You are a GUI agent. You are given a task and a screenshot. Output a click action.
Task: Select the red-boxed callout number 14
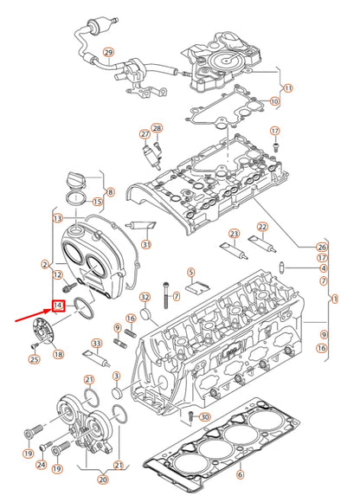click(58, 306)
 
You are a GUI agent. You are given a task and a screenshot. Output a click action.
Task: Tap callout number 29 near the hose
click(108, 52)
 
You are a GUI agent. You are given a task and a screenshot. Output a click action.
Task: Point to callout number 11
click(288, 87)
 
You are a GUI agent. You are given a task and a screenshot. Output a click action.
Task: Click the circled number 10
click(275, 101)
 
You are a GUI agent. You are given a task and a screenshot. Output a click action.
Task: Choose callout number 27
click(145, 134)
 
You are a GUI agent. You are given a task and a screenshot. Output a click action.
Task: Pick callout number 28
click(157, 128)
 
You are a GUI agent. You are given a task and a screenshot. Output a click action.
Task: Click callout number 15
click(98, 203)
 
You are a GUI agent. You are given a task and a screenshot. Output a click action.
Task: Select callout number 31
click(146, 244)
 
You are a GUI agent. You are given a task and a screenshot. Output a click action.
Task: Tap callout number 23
click(234, 235)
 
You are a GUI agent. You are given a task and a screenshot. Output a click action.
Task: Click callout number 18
click(58, 354)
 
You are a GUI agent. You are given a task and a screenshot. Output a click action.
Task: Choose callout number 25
click(34, 358)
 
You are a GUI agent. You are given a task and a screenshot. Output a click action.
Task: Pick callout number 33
click(97, 345)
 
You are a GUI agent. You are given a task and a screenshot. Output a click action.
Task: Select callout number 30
click(204, 417)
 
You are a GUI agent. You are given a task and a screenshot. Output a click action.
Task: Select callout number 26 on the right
click(323, 247)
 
